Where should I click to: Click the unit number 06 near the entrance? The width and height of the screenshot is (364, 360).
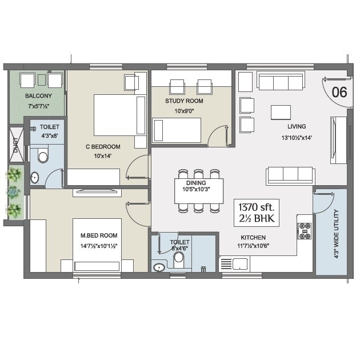pyautogui.click(x=339, y=92)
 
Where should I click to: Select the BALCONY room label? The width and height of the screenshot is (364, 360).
pyautogui.click(x=38, y=96)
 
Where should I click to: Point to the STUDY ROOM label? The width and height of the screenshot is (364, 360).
pyautogui.click(x=184, y=101)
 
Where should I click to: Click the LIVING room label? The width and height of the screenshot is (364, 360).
pyautogui.click(x=296, y=126)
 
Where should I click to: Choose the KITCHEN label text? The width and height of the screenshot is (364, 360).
pyautogui.click(x=252, y=237)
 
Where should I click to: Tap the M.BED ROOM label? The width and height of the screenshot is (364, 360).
pyautogui.click(x=98, y=235)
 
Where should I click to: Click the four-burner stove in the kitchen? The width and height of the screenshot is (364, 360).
pyautogui.click(x=304, y=230)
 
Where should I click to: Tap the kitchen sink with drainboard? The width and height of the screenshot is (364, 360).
pyautogui.click(x=234, y=263)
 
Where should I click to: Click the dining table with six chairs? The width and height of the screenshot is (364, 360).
pyautogui.click(x=198, y=189)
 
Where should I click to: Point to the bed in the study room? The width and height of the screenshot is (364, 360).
pyautogui.click(x=177, y=129)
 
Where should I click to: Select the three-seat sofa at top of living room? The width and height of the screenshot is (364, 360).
pyautogui.click(x=280, y=81)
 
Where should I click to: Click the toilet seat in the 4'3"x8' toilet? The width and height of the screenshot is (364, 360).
pyautogui.click(x=42, y=155)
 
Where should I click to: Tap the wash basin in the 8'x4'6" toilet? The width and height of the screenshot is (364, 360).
pyautogui.click(x=158, y=266)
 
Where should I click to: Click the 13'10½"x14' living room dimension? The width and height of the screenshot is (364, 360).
pyautogui.click(x=296, y=137)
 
